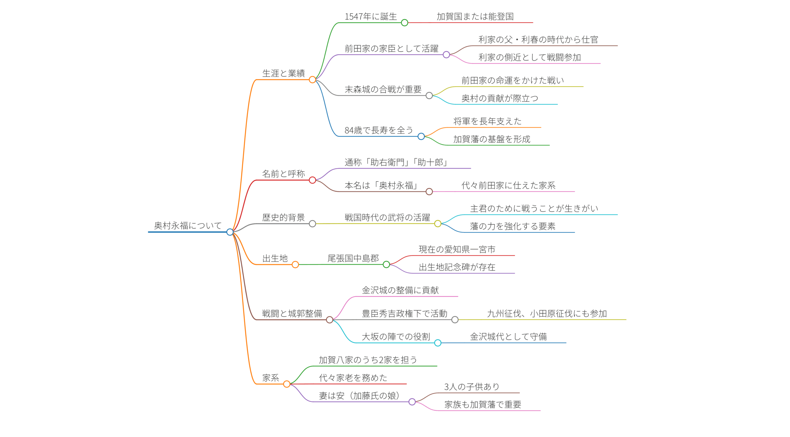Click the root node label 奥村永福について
pyautogui.click(x=188, y=225)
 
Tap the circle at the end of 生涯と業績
pyautogui.click(x=312, y=80)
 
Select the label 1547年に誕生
pyautogui.click(x=371, y=17)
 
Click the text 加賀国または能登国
pyautogui.click(x=475, y=17)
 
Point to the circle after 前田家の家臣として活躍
pyautogui.click(x=446, y=55)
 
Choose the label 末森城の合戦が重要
pyautogui.click(x=383, y=89)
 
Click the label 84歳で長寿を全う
pyautogui.click(x=379, y=130)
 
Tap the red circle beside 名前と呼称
pyautogui.click(x=312, y=180)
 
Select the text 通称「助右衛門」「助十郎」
pyautogui.click(x=396, y=162)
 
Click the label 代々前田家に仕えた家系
pyautogui.click(x=508, y=185)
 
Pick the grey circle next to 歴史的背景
pyautogui.click(x=312, y=224)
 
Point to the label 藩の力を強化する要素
pyautogui.click(x=513, y=226)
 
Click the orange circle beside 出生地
pyautogui.click(x=295, y=265)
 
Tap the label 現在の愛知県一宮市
pyautogui.click(x=457, y=249)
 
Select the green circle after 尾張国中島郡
pyautogui.click(x=386, y=265)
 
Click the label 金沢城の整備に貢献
pyautogui.click(x=400, y=290)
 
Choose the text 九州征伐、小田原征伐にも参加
pyautogui.click(x=547, y=314)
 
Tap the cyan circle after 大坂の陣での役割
pyautogui.click(x=438, y=343)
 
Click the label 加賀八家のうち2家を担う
pyautogui.click(x=368, y=360)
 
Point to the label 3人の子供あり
pyautogui.click(x=472, y=387)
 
